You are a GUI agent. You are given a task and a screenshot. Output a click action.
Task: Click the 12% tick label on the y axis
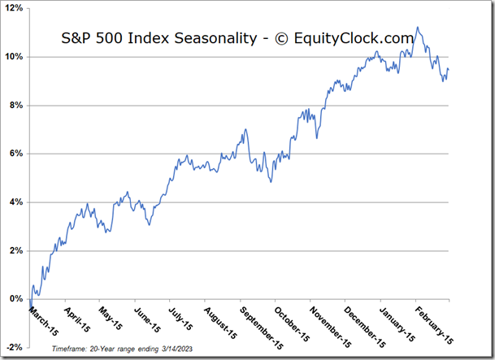[15, 9]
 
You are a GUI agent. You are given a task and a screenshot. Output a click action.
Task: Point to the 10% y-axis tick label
[15, 57]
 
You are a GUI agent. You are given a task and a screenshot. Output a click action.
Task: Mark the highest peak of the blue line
[417, 28]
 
